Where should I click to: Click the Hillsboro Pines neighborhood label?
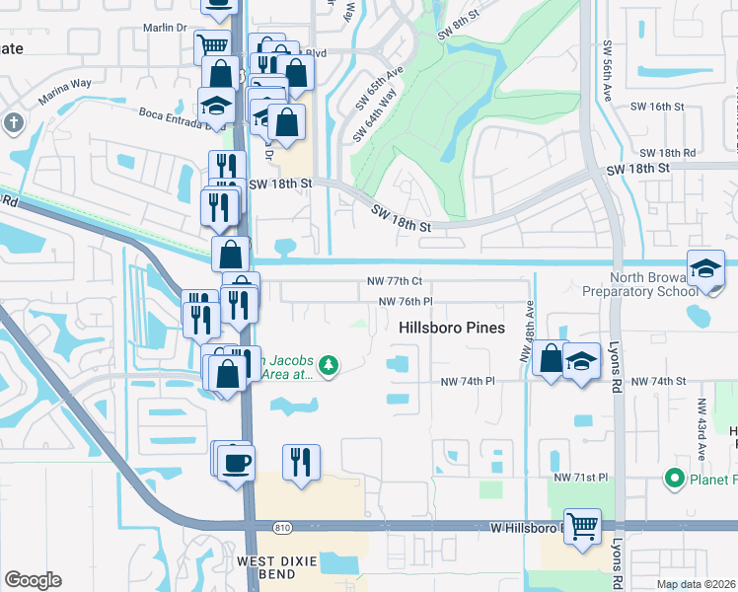[452, 328]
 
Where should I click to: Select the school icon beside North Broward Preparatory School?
[706, 269]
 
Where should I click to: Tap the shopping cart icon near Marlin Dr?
[212, 44]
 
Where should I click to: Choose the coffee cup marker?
[237, 461]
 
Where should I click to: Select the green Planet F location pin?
[675, 480]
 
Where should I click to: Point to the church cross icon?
[12, 123]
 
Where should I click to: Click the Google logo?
[32, 580]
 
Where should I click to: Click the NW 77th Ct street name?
[396, 281]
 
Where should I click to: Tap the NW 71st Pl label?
[582, 478]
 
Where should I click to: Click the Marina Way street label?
[64, 95]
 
